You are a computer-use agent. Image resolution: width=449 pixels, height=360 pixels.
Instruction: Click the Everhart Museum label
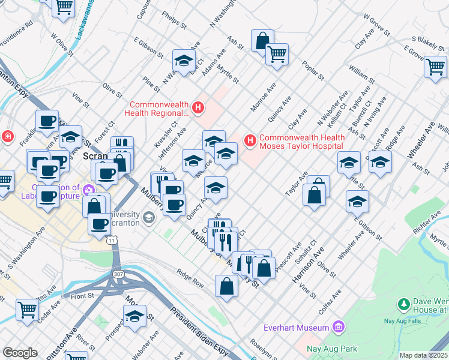(297, 328)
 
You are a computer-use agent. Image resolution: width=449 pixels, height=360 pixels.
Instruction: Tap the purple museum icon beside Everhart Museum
(339, 328)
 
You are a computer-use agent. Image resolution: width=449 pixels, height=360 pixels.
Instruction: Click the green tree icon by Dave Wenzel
(404, 305)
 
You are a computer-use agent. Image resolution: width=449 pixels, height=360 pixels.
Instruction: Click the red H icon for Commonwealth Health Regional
(198, 109)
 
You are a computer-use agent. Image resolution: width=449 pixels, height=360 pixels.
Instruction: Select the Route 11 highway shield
(112, 240)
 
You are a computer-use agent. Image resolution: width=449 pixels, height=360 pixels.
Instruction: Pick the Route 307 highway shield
(115, 274)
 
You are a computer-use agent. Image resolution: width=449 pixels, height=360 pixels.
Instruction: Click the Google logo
(20, 353)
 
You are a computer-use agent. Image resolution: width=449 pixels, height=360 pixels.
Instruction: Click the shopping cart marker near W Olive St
(63, 7)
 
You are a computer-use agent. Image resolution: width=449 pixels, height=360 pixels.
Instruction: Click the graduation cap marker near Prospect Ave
(134, 315)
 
